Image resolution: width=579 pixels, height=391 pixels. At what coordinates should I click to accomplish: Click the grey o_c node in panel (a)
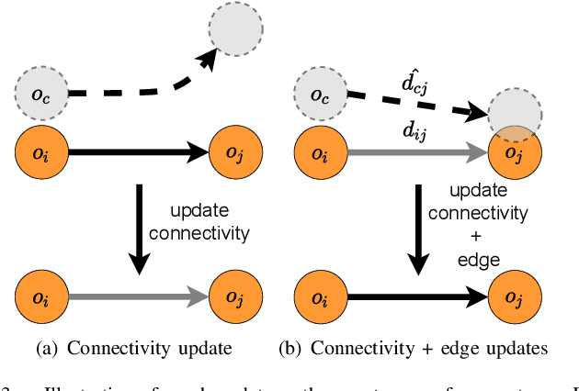[40, 93]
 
